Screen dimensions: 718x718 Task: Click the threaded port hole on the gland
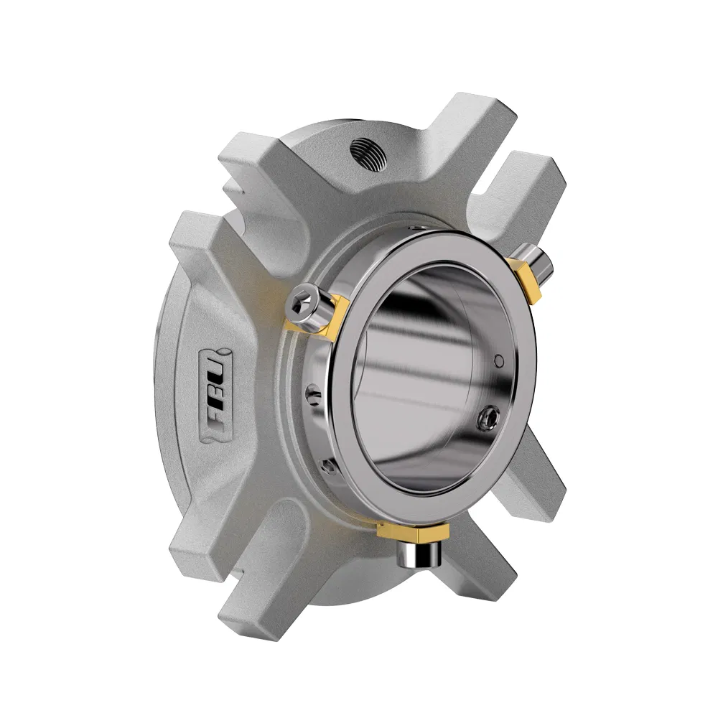(367, 151)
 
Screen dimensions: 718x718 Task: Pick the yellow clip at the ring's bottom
(412, 531)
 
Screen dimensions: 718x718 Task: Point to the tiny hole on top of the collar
(416, 226)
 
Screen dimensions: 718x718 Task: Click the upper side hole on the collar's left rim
(309, 393)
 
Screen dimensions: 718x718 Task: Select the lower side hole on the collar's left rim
(328, 467)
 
